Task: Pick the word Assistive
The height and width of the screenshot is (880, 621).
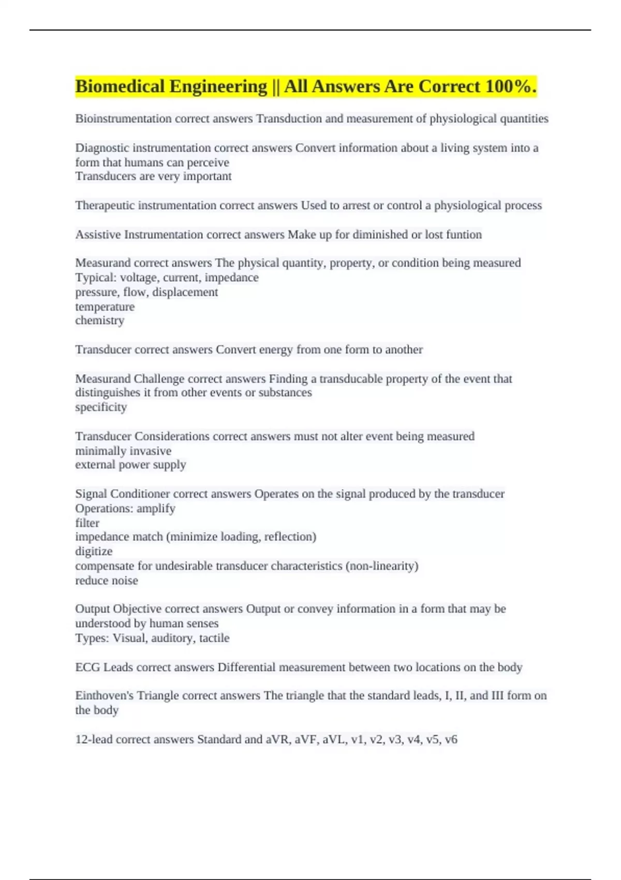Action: pos(98,234)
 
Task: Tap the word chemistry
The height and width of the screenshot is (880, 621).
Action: pos(100,320)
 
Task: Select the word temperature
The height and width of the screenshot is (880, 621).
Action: pos(105,306)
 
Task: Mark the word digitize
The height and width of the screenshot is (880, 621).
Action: pos(94,551)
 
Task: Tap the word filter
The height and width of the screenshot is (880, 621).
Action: pos(87,523)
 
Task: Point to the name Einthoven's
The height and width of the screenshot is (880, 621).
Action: pos(104,695)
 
